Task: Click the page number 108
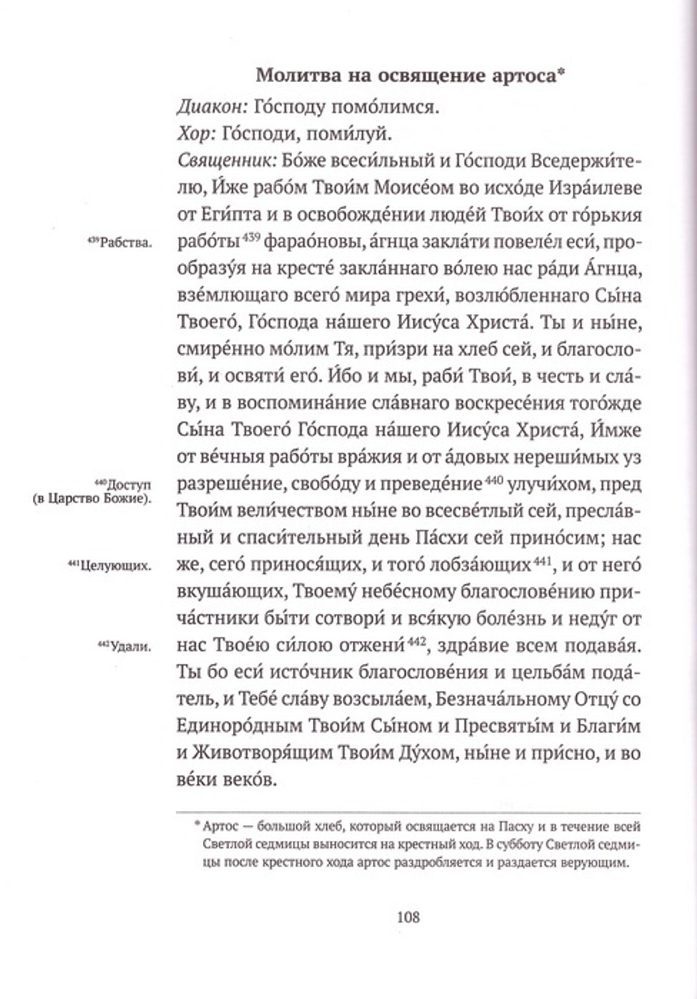pyautogui.click(x=408, y=917)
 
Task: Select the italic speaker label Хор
pyautogui.click(x=192, y=133)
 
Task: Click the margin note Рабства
pyautogui.click(x=127, y=243)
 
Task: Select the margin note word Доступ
pyautogui.click(x=131, y=484)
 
